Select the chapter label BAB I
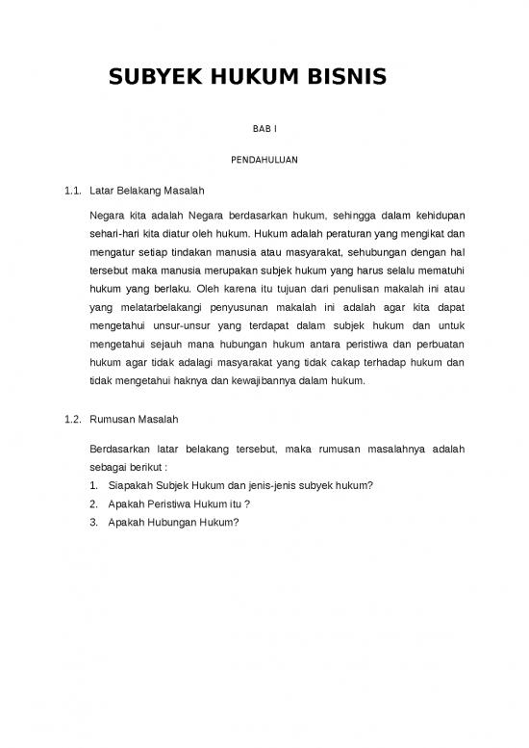pos(264,129)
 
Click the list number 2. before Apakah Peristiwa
pos(93,503)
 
